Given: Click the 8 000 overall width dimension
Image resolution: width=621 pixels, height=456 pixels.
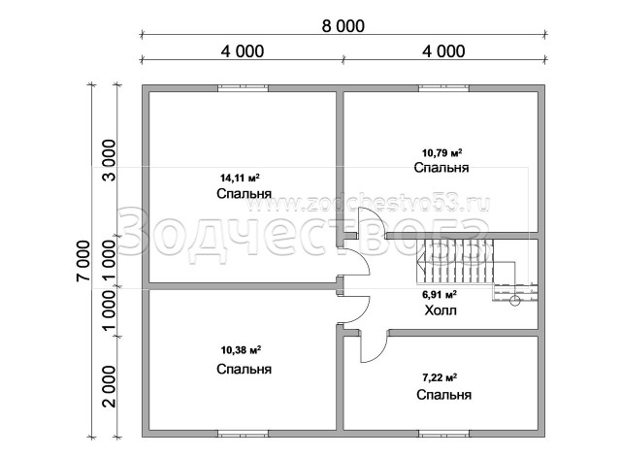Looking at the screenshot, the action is [343, 26].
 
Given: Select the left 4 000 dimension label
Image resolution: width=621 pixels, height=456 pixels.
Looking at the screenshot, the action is [243, 51].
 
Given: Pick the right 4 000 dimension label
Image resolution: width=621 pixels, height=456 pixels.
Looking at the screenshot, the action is [443, 51].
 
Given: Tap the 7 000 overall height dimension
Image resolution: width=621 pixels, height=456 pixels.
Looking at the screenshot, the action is [84, 261].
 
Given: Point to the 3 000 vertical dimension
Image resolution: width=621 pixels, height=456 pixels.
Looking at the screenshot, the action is [110, 160].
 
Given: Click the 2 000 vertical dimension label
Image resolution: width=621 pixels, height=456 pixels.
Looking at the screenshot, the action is [110, 387].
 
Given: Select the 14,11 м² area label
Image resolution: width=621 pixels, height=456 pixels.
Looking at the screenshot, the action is [240, 178].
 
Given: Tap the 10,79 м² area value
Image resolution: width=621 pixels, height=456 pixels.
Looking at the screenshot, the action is [442, 152].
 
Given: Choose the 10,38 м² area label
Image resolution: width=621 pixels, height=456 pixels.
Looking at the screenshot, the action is [241, 350].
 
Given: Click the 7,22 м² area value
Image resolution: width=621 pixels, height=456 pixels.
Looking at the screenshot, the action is [440, 377].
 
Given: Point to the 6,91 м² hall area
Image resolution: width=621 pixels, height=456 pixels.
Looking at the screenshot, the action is [440, 295].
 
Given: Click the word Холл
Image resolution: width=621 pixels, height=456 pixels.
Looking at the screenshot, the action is [441, 310].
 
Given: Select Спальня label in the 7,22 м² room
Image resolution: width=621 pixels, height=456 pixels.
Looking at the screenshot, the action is [443, 395].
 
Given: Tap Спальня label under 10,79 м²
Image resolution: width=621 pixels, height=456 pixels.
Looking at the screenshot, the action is [441, 168].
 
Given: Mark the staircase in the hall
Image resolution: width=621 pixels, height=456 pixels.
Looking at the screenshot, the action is [475, 269].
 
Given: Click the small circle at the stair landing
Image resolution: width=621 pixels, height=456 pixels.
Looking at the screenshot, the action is [515, 301].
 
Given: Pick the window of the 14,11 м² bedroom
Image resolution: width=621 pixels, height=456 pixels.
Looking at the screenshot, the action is [243, 88].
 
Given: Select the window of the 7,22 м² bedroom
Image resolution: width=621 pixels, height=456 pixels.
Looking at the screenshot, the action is [444, 434].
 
